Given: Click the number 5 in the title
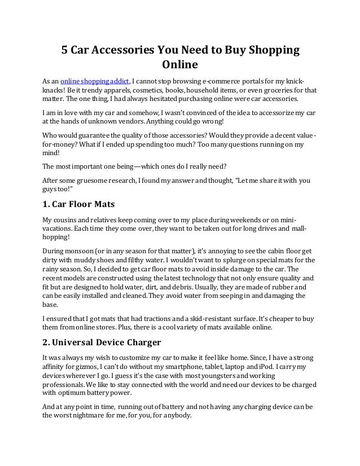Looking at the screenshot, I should tap(65, 50).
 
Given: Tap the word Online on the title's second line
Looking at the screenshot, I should tap(180, 64).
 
